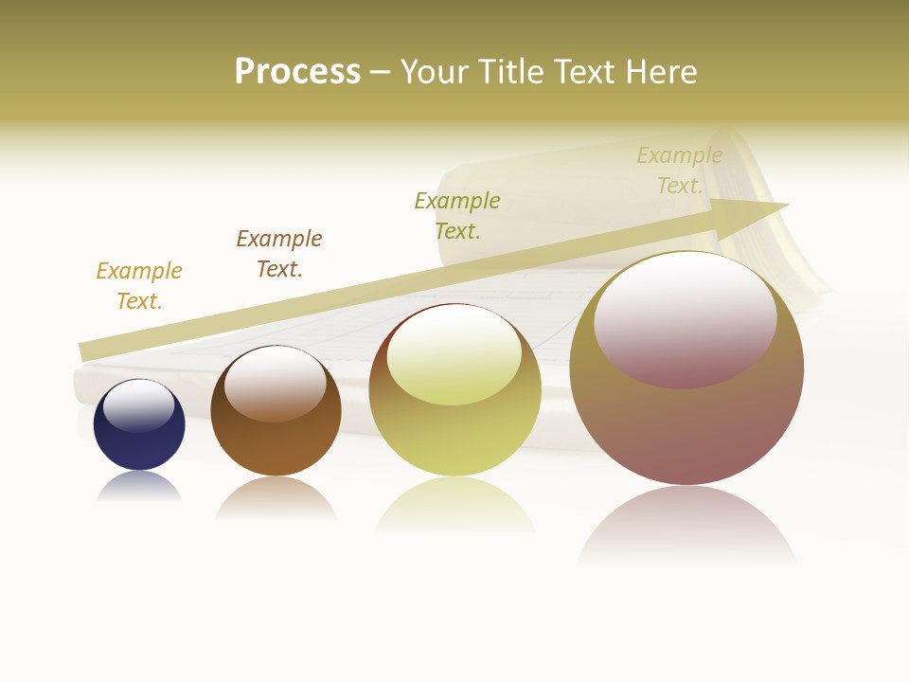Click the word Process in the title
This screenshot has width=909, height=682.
pos(297,72)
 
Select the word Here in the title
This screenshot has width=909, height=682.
pos(659,72)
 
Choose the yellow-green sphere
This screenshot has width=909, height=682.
pos(454,436)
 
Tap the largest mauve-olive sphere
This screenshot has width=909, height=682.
pos(686,426)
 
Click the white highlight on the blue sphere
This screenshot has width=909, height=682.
pos(139,404)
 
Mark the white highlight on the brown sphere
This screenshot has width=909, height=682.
pos(276,382)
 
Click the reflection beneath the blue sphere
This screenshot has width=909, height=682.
pos(139,487)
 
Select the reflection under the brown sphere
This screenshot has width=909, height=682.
pos(276,498)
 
